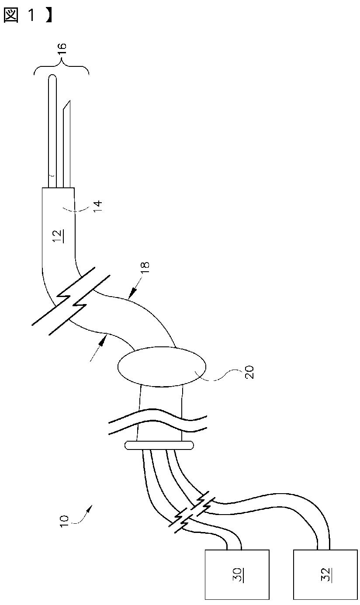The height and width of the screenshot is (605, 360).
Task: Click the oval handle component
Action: (161, 366)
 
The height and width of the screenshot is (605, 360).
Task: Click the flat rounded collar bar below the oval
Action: (159, 445)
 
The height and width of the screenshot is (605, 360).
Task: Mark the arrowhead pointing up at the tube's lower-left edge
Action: (103, 339)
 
